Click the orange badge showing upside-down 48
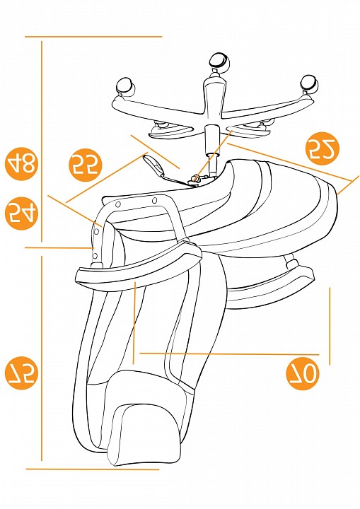click(21, 165)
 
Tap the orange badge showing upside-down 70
click(303, 374)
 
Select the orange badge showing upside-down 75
click(21, 373)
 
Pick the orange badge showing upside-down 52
click(323, 148)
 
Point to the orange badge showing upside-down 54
click(21, 213)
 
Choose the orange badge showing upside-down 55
click(85, 165)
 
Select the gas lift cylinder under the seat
click(213, 151)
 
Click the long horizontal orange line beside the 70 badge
click(229, 354)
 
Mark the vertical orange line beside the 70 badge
click(330, 326)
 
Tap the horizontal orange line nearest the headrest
click(93, 469)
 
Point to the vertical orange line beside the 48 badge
click(42, 141)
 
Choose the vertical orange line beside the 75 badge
click(42, 358)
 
